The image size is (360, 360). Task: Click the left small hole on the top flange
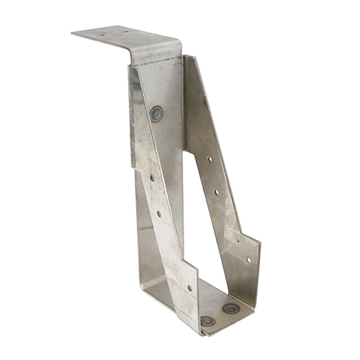click(x=101, y=33)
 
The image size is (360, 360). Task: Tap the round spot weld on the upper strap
click(x=156, y=112)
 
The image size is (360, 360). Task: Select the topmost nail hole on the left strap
click(x=151, y=177)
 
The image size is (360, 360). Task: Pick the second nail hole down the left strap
click(x=159, y=213)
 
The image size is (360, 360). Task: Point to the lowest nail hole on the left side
click(x=189, y=288)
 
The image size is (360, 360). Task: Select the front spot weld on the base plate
click(x=207, y=321)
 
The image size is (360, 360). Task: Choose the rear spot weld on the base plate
click(x=230, y=308)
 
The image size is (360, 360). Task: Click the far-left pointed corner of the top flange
click(x=72, y=32)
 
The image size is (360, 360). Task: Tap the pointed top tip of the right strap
click(x=186, y=56)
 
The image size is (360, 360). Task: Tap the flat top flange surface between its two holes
click(x=113, y=32)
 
